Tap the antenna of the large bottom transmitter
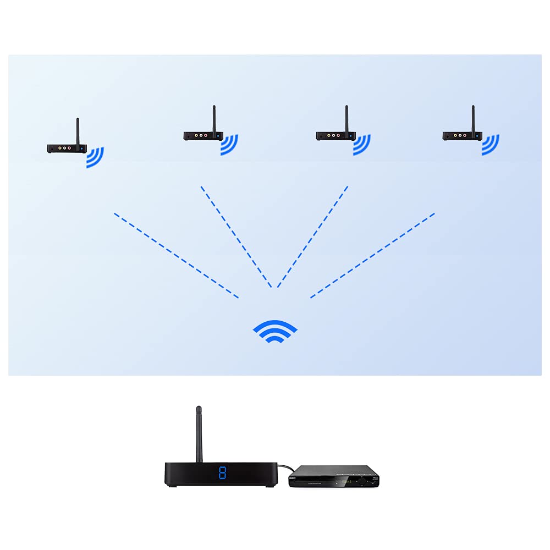199,435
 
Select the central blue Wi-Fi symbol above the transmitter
275,331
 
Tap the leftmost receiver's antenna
78,130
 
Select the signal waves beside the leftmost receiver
96,157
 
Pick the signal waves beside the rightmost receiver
491,145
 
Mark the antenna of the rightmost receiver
473,118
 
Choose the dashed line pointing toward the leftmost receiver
176,256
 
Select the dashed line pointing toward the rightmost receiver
373,256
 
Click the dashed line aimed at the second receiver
237,237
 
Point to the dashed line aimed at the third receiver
312,237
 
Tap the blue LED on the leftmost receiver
82,148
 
